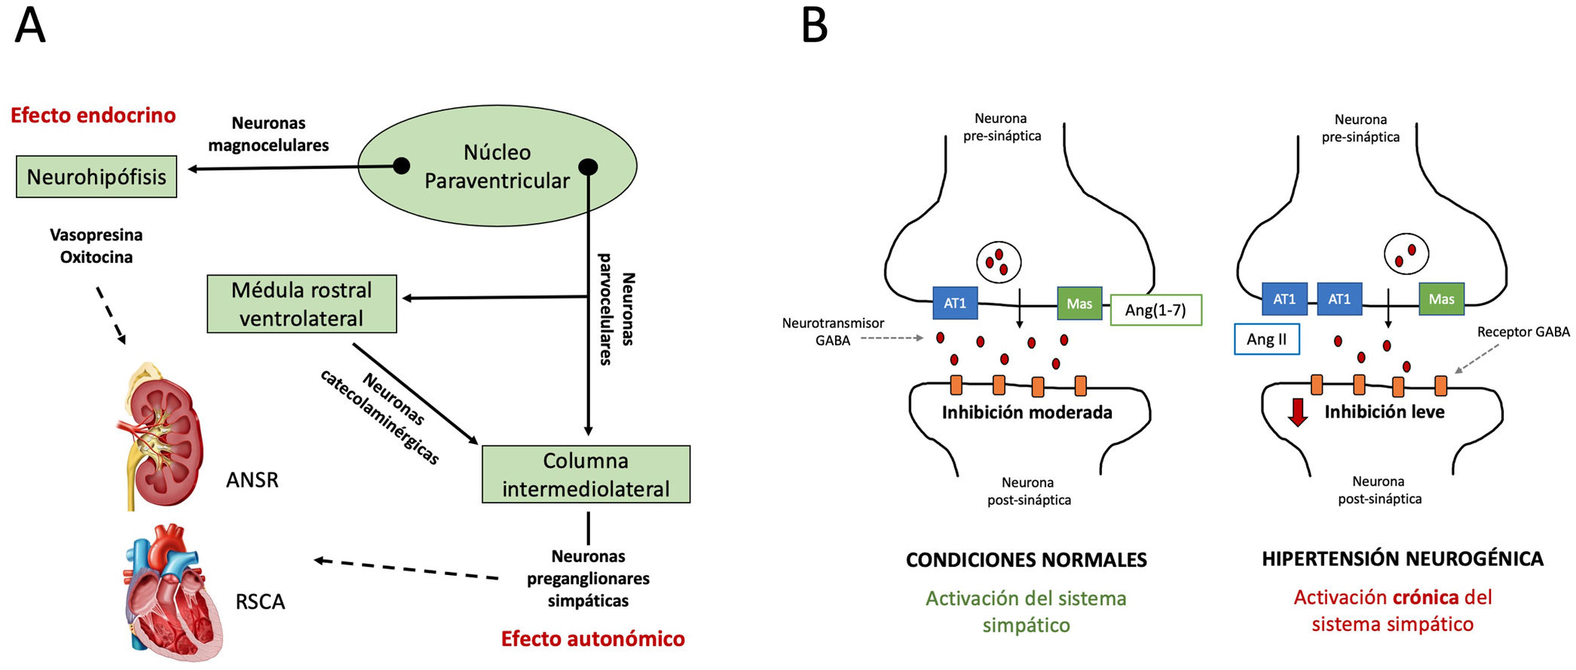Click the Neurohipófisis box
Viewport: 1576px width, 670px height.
click(96, 177)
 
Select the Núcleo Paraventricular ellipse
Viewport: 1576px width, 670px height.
click(497, 166)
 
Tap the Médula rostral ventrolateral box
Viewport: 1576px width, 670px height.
click(301, 304)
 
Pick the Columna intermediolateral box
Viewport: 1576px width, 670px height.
click(586, 474)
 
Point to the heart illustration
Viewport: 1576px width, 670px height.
click(172, 592)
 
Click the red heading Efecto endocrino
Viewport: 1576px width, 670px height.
click(93, 115)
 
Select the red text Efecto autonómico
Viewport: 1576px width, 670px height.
click(592, 639)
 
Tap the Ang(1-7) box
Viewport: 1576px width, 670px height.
click(1155, 310)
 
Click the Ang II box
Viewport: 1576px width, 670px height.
click(1266, 339)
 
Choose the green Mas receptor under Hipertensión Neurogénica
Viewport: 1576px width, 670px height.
click(1441, 299)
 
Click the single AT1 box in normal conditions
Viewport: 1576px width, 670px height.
click(955, 303)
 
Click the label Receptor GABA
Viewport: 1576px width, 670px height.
click(1522, 332)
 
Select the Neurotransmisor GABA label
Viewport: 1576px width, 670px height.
click(832, 332)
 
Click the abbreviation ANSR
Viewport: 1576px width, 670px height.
click(252, 480)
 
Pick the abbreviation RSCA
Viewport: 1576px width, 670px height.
click(260, 602)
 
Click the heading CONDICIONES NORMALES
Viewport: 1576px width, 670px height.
click(1026, 560)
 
